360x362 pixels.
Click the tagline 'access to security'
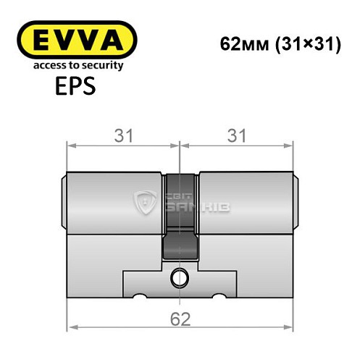click(x=75, y=65)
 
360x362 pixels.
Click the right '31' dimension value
click(x=236, y=135)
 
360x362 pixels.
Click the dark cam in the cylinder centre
click(x=180, y=217)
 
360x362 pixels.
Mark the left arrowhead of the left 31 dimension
click(x=70, y=145)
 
